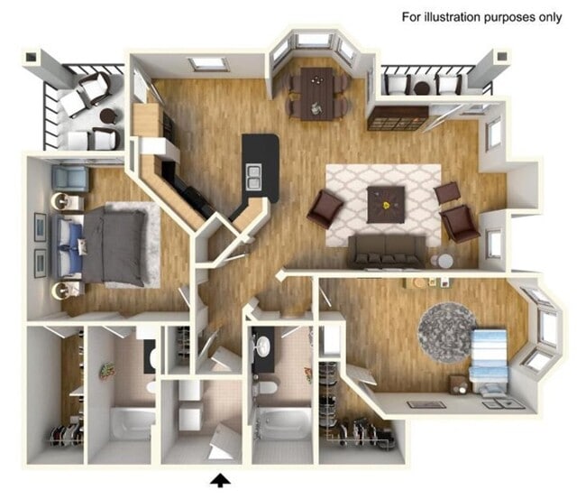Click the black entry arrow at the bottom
click(220, 477)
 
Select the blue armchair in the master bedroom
click(69, 178)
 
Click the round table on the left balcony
click(108, 116)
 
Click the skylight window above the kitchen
click(208, 64)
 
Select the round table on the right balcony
click(422, 88)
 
